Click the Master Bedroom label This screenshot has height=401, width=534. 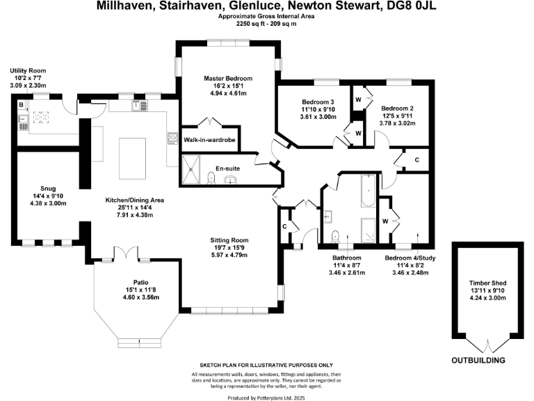point(228,79)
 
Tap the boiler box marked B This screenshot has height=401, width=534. point(22,105)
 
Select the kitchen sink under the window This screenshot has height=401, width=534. point(140,105)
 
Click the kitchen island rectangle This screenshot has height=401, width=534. point(133,159)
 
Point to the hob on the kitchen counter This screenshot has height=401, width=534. point(172,138)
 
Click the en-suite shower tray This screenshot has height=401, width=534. point(191,169)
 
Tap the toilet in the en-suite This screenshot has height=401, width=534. point(211,178)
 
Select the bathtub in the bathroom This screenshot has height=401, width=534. point(368,191)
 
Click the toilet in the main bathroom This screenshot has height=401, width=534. point(335,236)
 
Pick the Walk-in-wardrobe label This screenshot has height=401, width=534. point(209,140)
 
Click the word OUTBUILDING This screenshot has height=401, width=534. point(478,361)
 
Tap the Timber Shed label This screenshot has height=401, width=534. point(487,283)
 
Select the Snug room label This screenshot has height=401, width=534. point(48,189)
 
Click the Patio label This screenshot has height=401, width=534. point(140,283)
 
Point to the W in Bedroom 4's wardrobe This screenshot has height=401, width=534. point(385,221)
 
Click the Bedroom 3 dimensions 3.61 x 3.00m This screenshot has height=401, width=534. point(318,117)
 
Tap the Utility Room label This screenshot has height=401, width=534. point(28,70)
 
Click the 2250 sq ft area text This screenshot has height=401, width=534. point(251,24)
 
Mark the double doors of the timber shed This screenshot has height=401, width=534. point(487,345)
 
